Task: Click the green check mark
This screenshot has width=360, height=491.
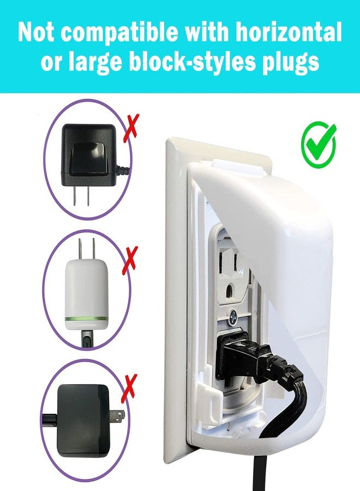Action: [319, 145]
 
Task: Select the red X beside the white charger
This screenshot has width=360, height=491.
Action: [130, 259]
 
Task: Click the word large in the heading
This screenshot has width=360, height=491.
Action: [93, 63]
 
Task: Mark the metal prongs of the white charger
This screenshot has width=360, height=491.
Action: [86, 249]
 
